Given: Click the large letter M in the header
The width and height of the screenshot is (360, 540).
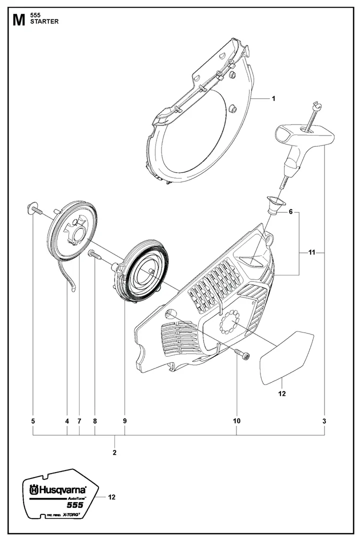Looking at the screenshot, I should click(x=18, y=20).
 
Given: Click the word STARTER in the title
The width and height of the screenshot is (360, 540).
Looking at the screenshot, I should click(x=44, y=22).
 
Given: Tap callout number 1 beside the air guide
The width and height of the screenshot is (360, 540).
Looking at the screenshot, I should click(x=273, y=99).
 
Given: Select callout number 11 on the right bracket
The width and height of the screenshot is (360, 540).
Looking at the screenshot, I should click(x=311, y=253).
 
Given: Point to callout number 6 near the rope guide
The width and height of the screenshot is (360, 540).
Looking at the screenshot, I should click(x=290, y=212).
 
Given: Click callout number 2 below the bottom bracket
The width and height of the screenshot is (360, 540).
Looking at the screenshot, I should click(x=115, y=452).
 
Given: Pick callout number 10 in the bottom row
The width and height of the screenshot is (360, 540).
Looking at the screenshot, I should click(x=236, y=421).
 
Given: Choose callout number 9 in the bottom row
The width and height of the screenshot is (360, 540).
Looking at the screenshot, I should click(x=124, y=421).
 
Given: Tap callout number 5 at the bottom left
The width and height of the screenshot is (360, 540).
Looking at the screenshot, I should click(x=33, y=421).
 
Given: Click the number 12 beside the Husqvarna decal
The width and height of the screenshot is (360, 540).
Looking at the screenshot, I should click(x=111, y=497).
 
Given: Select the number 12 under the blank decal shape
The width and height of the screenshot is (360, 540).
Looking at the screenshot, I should click(x=282, y=394).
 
